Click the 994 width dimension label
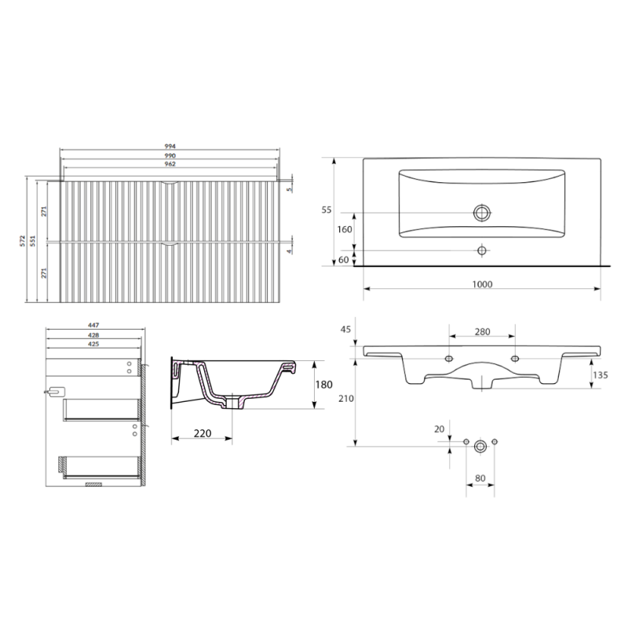coord(170,146)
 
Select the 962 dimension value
coord(170,164)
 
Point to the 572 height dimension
coord(23,241)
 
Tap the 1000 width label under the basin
coord(482,284)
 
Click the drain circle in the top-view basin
coord(482,213)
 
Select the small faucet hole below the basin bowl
coord(482,250)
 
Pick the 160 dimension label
coord(345,229)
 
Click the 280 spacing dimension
coord(482,331)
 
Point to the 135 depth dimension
coord(601,375)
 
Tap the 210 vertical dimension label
coord(346,399)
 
